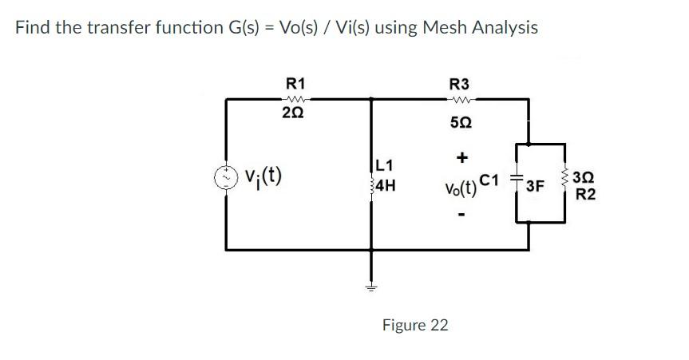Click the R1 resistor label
[x=295, y=83]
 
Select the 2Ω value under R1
[x=293, y=114]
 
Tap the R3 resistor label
[x=460, y=83]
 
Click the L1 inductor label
[x=385, y=166]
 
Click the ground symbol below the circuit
[x=371, y=286]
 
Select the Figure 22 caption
[x=415, y=325]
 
